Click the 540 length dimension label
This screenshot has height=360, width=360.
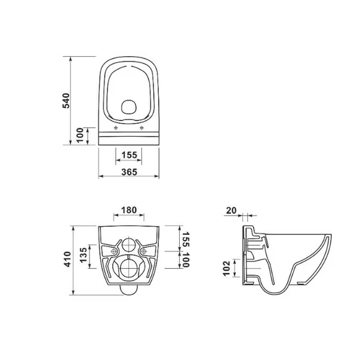coord(66,100)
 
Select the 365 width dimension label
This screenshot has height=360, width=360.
coord(129,172)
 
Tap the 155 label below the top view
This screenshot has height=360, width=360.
coord(129,155)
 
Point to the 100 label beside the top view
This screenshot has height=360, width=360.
coord(80,135)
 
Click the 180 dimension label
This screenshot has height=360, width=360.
coord(129,210)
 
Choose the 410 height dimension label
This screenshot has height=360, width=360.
coord(67,259)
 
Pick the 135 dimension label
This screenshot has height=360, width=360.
coord(84,255)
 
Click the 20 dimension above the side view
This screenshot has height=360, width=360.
coord(231,210)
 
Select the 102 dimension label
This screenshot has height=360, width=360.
coord(226,269)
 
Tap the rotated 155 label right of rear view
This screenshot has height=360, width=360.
coord(186,239)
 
